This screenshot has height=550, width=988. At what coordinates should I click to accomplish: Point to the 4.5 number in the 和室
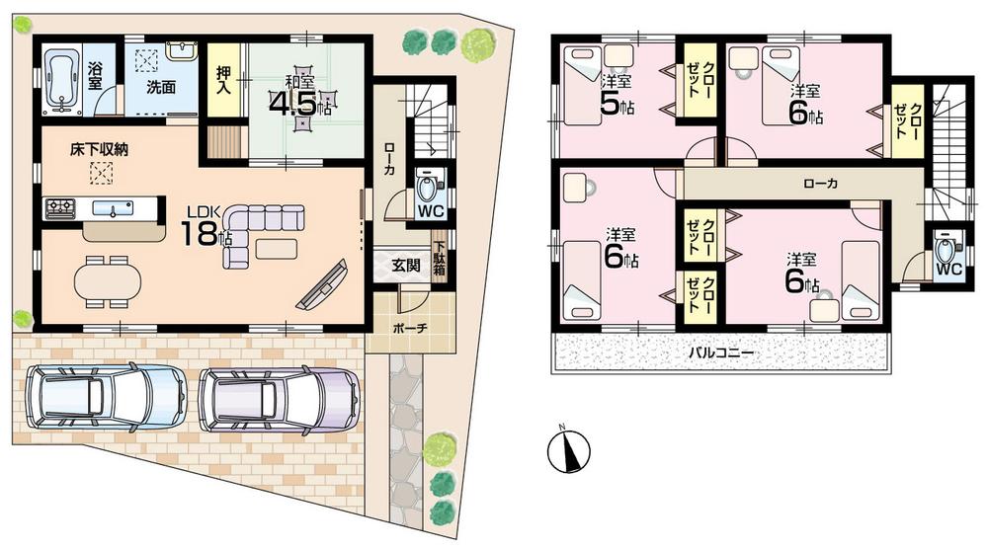pyautogui.click(x=296, y=104)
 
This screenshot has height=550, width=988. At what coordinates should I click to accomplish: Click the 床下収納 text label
pyautogui.click(x=99, y=150)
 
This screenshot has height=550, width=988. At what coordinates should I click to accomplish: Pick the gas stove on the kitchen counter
pyautogui.click(x=60, y=208)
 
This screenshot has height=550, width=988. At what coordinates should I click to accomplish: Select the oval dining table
pyautogui.click(x=105, y=280)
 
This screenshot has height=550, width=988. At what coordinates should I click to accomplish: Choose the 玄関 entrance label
pyautogui.click(x=404, y=264)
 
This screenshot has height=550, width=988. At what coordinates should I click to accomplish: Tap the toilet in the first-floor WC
pyautogui.click(x=427, y=186)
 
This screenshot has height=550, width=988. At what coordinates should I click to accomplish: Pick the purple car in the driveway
pyautogui.click(x=278, y=399)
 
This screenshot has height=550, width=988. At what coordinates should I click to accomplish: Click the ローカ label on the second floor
pyautogui.click(x=821, y=184)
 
